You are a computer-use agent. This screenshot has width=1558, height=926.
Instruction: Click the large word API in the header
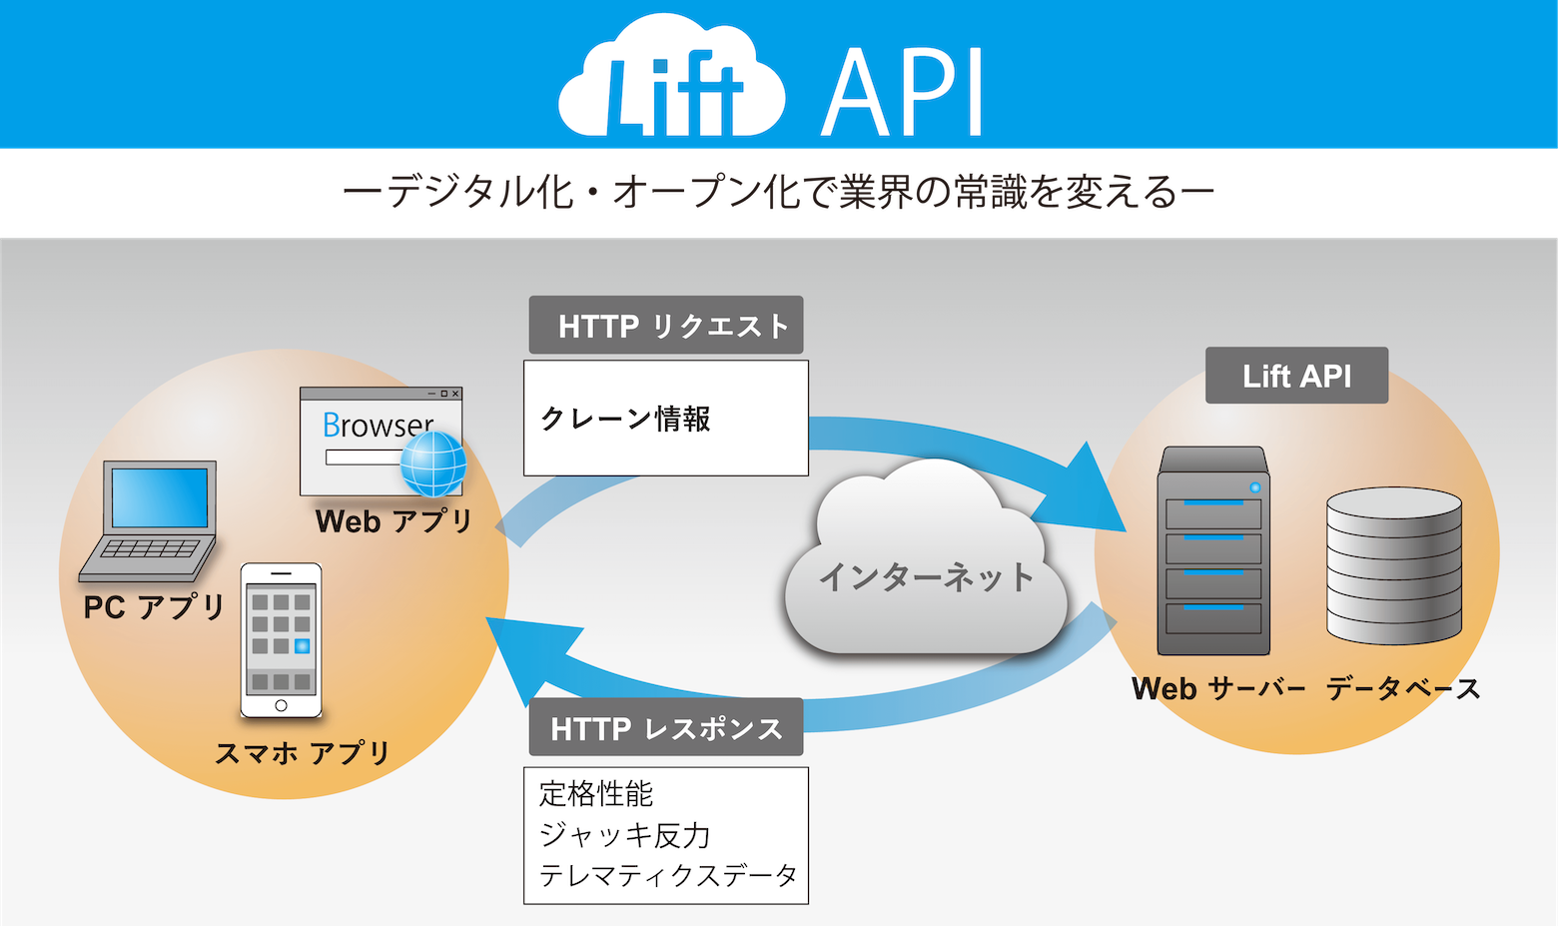click(903, 92)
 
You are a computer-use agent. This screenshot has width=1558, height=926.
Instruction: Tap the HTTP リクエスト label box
click(666, 326)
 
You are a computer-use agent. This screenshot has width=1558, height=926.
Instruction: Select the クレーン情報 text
click(625, 419)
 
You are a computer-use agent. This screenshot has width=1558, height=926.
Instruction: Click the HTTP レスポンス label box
click(666, 728)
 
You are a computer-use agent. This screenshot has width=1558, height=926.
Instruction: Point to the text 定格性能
click(595, 794)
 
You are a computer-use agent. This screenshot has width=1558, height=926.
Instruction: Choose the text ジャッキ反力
click(624, 835)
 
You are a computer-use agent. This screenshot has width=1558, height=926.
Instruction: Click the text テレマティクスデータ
click(668, 876)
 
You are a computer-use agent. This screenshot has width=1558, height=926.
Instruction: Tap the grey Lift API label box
click(1296, 376)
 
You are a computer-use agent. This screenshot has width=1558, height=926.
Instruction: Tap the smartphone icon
click(282, 639)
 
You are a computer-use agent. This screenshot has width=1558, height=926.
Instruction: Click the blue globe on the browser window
click(433, 464)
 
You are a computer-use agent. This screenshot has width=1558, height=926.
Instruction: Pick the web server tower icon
click(1213, 550)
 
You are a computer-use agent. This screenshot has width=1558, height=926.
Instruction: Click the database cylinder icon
click(1394, 565)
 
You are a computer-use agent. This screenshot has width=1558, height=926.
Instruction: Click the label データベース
click(1403, 688)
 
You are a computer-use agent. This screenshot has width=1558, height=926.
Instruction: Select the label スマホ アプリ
click(303, 752)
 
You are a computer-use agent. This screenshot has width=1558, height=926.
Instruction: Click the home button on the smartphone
click(282, 706)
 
